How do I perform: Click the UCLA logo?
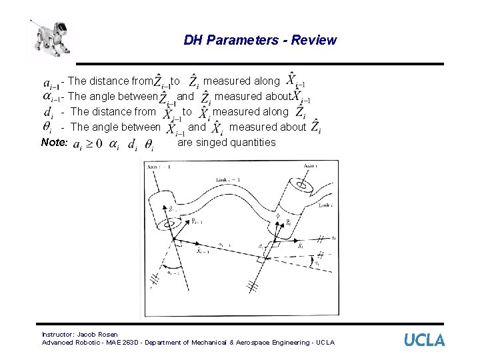pyautogui.click(x=424, y=339)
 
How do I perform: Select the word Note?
pyautogui.click(x=54, y=142)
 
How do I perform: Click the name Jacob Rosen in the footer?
pyautogui.click(x=97, y=334)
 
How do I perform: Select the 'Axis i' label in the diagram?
pyautogui.click(x=312, y=165)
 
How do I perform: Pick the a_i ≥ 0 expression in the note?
pyautogui.click(x=87, y=144)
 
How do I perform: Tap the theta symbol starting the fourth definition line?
pyautogui.click(x=47, y=127)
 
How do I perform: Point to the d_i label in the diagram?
pyautogui.click(x=261, y=246)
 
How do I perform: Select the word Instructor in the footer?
pyautogui.click(x=57, y=334)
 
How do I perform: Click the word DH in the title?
pyautogui.click(x=193, y=40)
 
